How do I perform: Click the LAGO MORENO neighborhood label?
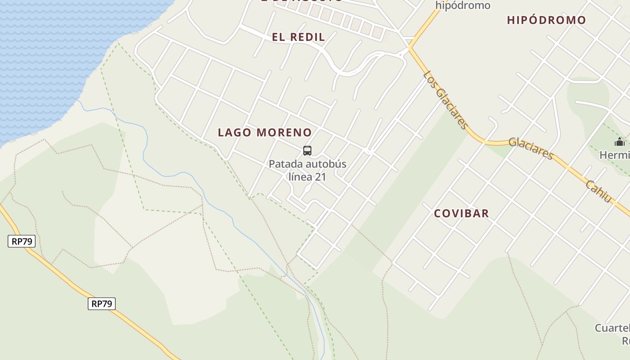265,133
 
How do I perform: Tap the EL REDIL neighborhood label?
298,37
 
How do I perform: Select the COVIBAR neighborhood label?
461,213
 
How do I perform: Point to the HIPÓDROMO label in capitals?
546,20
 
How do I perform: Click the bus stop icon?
307,151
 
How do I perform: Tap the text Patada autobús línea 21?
308,170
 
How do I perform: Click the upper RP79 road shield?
22,242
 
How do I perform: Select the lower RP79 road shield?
102,304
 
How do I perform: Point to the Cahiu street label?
599,191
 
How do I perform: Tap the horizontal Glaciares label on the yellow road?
531,148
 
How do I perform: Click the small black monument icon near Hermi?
620,142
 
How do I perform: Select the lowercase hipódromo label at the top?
463,6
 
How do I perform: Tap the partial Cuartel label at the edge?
612,328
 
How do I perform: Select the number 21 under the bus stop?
320,177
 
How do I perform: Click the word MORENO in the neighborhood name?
284,133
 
